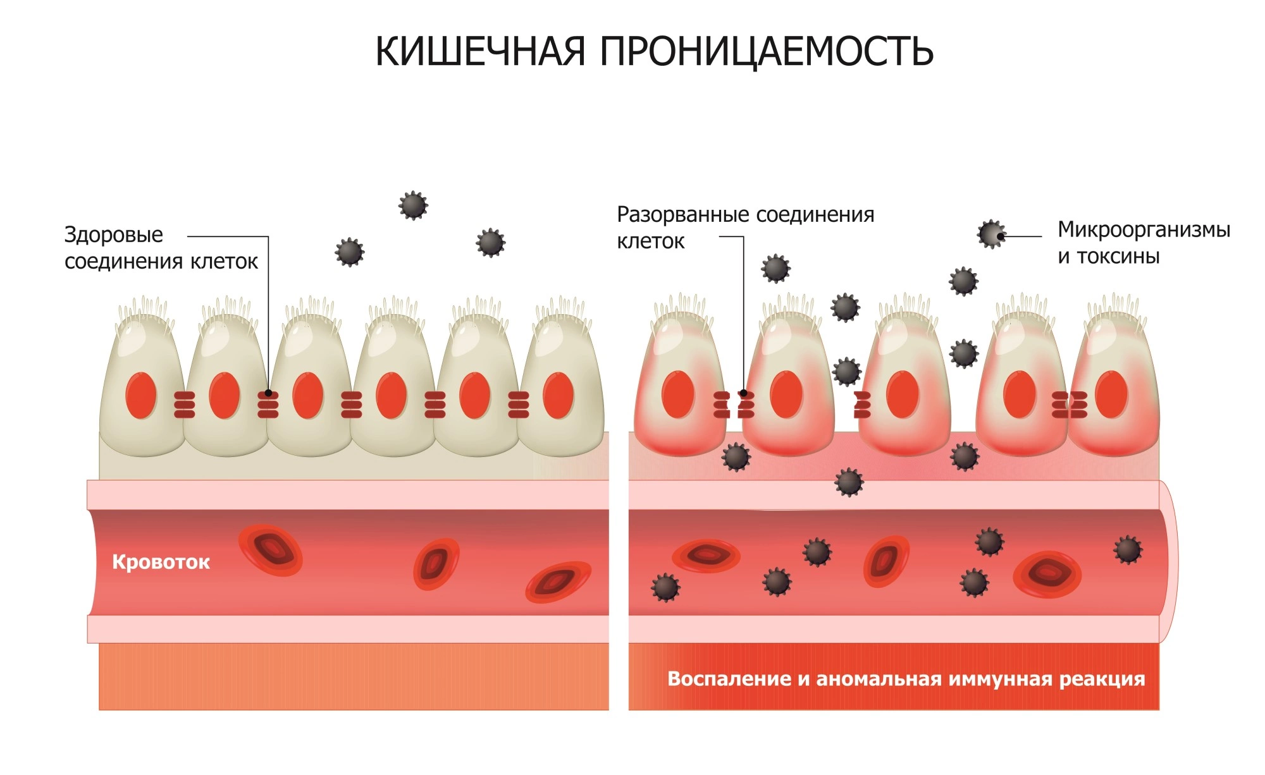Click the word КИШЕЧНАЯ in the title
[x=480, y=51]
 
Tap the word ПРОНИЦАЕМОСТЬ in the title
[x=766, y=51]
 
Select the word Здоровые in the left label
[x=114, y=235]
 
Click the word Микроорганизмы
[x=1144, y=229]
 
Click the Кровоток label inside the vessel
[x=161, y=562]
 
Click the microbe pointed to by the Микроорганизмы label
[x=991, y=235]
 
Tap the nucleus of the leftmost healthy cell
[x=140, y=396]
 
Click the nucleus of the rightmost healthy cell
[x=558, y=396]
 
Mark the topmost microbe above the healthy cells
[x=413, y=205]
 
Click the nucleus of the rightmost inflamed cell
[x=1111, y=395]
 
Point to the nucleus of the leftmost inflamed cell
[x=678, y=395]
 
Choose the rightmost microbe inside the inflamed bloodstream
[x=1128, y=549]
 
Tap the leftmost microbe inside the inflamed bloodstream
[x=665, y=587]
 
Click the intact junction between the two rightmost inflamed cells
[x=1069, y=405]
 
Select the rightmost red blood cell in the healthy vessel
[x=558, y=582]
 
